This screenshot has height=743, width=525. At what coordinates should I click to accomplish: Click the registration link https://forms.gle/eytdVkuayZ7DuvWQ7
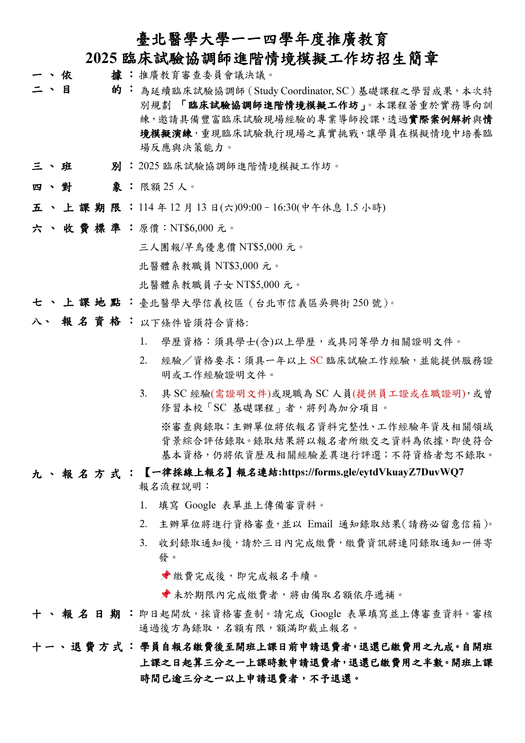[373, 472]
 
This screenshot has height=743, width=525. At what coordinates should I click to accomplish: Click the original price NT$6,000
[192, 229]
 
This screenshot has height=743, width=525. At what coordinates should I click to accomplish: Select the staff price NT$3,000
[237, 266]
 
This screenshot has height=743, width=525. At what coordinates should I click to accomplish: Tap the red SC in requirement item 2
[316, 361]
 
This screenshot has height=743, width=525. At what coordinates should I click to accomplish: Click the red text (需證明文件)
[241, 394]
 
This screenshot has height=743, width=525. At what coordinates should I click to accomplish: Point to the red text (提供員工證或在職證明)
[409, 394]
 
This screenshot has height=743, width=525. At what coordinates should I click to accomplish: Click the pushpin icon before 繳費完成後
[165, 575]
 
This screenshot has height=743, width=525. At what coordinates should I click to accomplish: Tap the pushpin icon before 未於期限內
[165, 594]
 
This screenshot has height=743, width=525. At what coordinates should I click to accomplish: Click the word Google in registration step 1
[200, 505]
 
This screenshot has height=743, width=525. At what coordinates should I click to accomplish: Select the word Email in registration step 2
[320, 524]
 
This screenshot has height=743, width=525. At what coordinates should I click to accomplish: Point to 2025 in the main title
[101, 58]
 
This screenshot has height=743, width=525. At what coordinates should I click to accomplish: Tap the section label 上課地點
[92, 303]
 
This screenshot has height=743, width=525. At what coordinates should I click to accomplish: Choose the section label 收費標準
[92, 229]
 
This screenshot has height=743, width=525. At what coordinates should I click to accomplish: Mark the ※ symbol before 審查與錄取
[166, 427]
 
